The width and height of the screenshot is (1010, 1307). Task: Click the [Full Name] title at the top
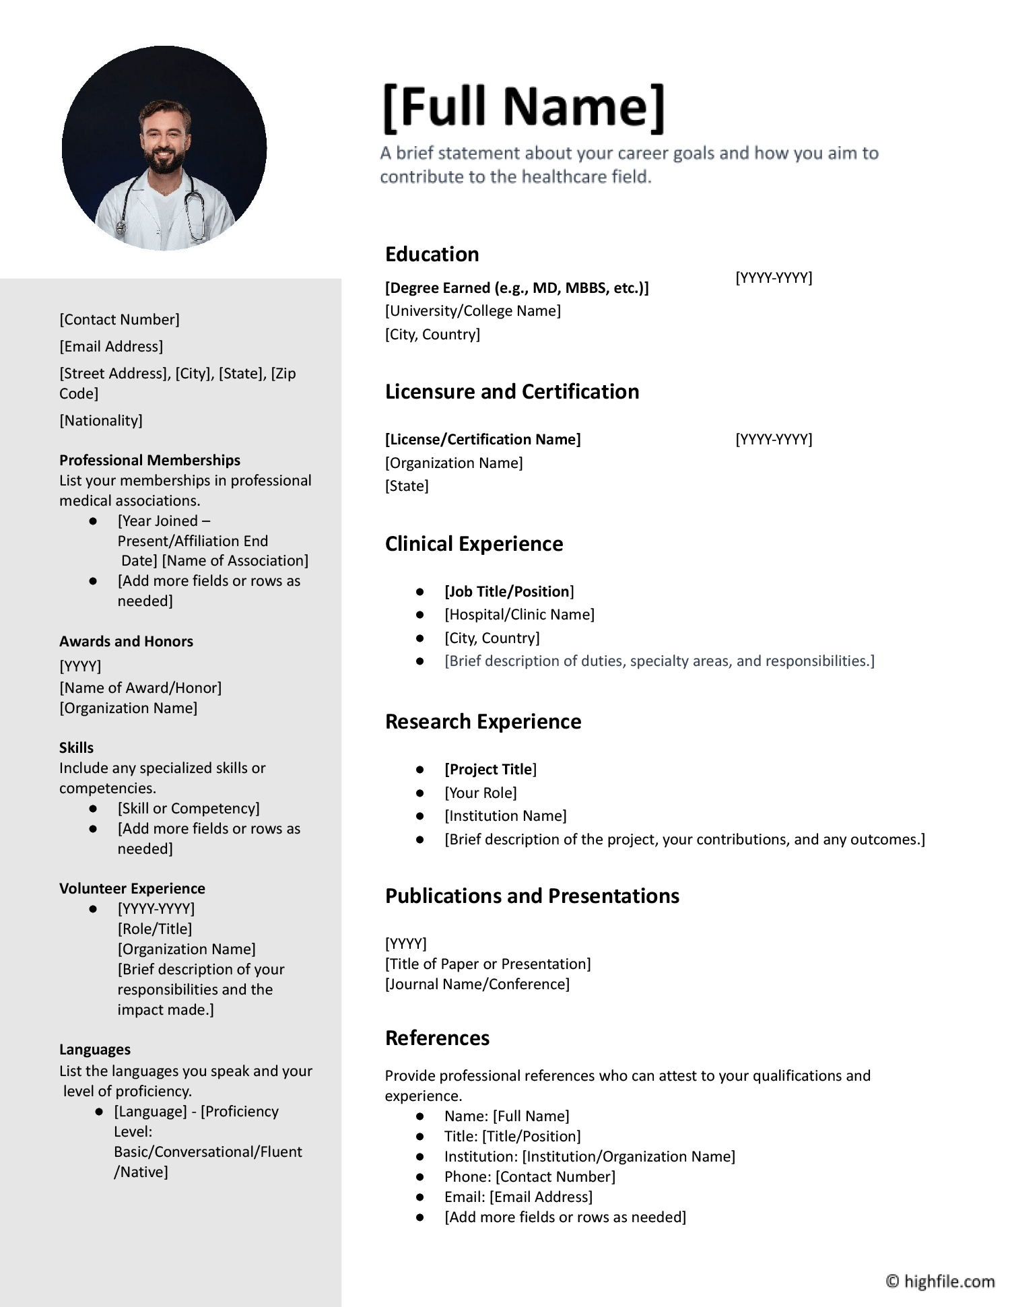(x=524, y=106)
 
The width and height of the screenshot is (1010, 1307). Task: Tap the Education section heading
(x=432, y=255)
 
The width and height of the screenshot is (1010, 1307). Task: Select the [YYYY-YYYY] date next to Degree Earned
(x=774, y=277)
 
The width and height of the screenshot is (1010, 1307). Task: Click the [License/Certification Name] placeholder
(x=483, y=440)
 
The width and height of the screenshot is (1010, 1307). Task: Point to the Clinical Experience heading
(x=474, y=544)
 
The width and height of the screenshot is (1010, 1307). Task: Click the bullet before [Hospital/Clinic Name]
(x=420, y=615)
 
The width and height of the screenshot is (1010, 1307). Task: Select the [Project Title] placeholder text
(x=490, y=770)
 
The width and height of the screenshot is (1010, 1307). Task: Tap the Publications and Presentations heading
(x=532, y=896)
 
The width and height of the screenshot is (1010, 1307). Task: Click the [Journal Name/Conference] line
(x=477, y=984)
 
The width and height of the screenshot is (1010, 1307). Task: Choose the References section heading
(x=437, y=1038)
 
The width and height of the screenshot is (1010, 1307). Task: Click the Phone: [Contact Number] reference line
(x=529, y=1177)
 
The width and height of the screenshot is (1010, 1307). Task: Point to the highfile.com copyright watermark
(x=940, y=1281)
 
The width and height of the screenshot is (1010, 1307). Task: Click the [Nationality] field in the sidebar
(x=101, y=421)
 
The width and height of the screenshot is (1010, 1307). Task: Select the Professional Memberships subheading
(x=149, y=461)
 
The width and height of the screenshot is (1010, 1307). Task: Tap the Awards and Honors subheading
(x=126, y=642)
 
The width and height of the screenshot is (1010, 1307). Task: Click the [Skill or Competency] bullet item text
(x=189, y=809)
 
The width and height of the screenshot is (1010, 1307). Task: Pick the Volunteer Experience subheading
(x=132, y=889)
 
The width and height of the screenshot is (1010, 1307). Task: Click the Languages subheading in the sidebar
(x=95, y=1050)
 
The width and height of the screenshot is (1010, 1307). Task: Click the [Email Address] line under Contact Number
(x=111, y=347)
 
